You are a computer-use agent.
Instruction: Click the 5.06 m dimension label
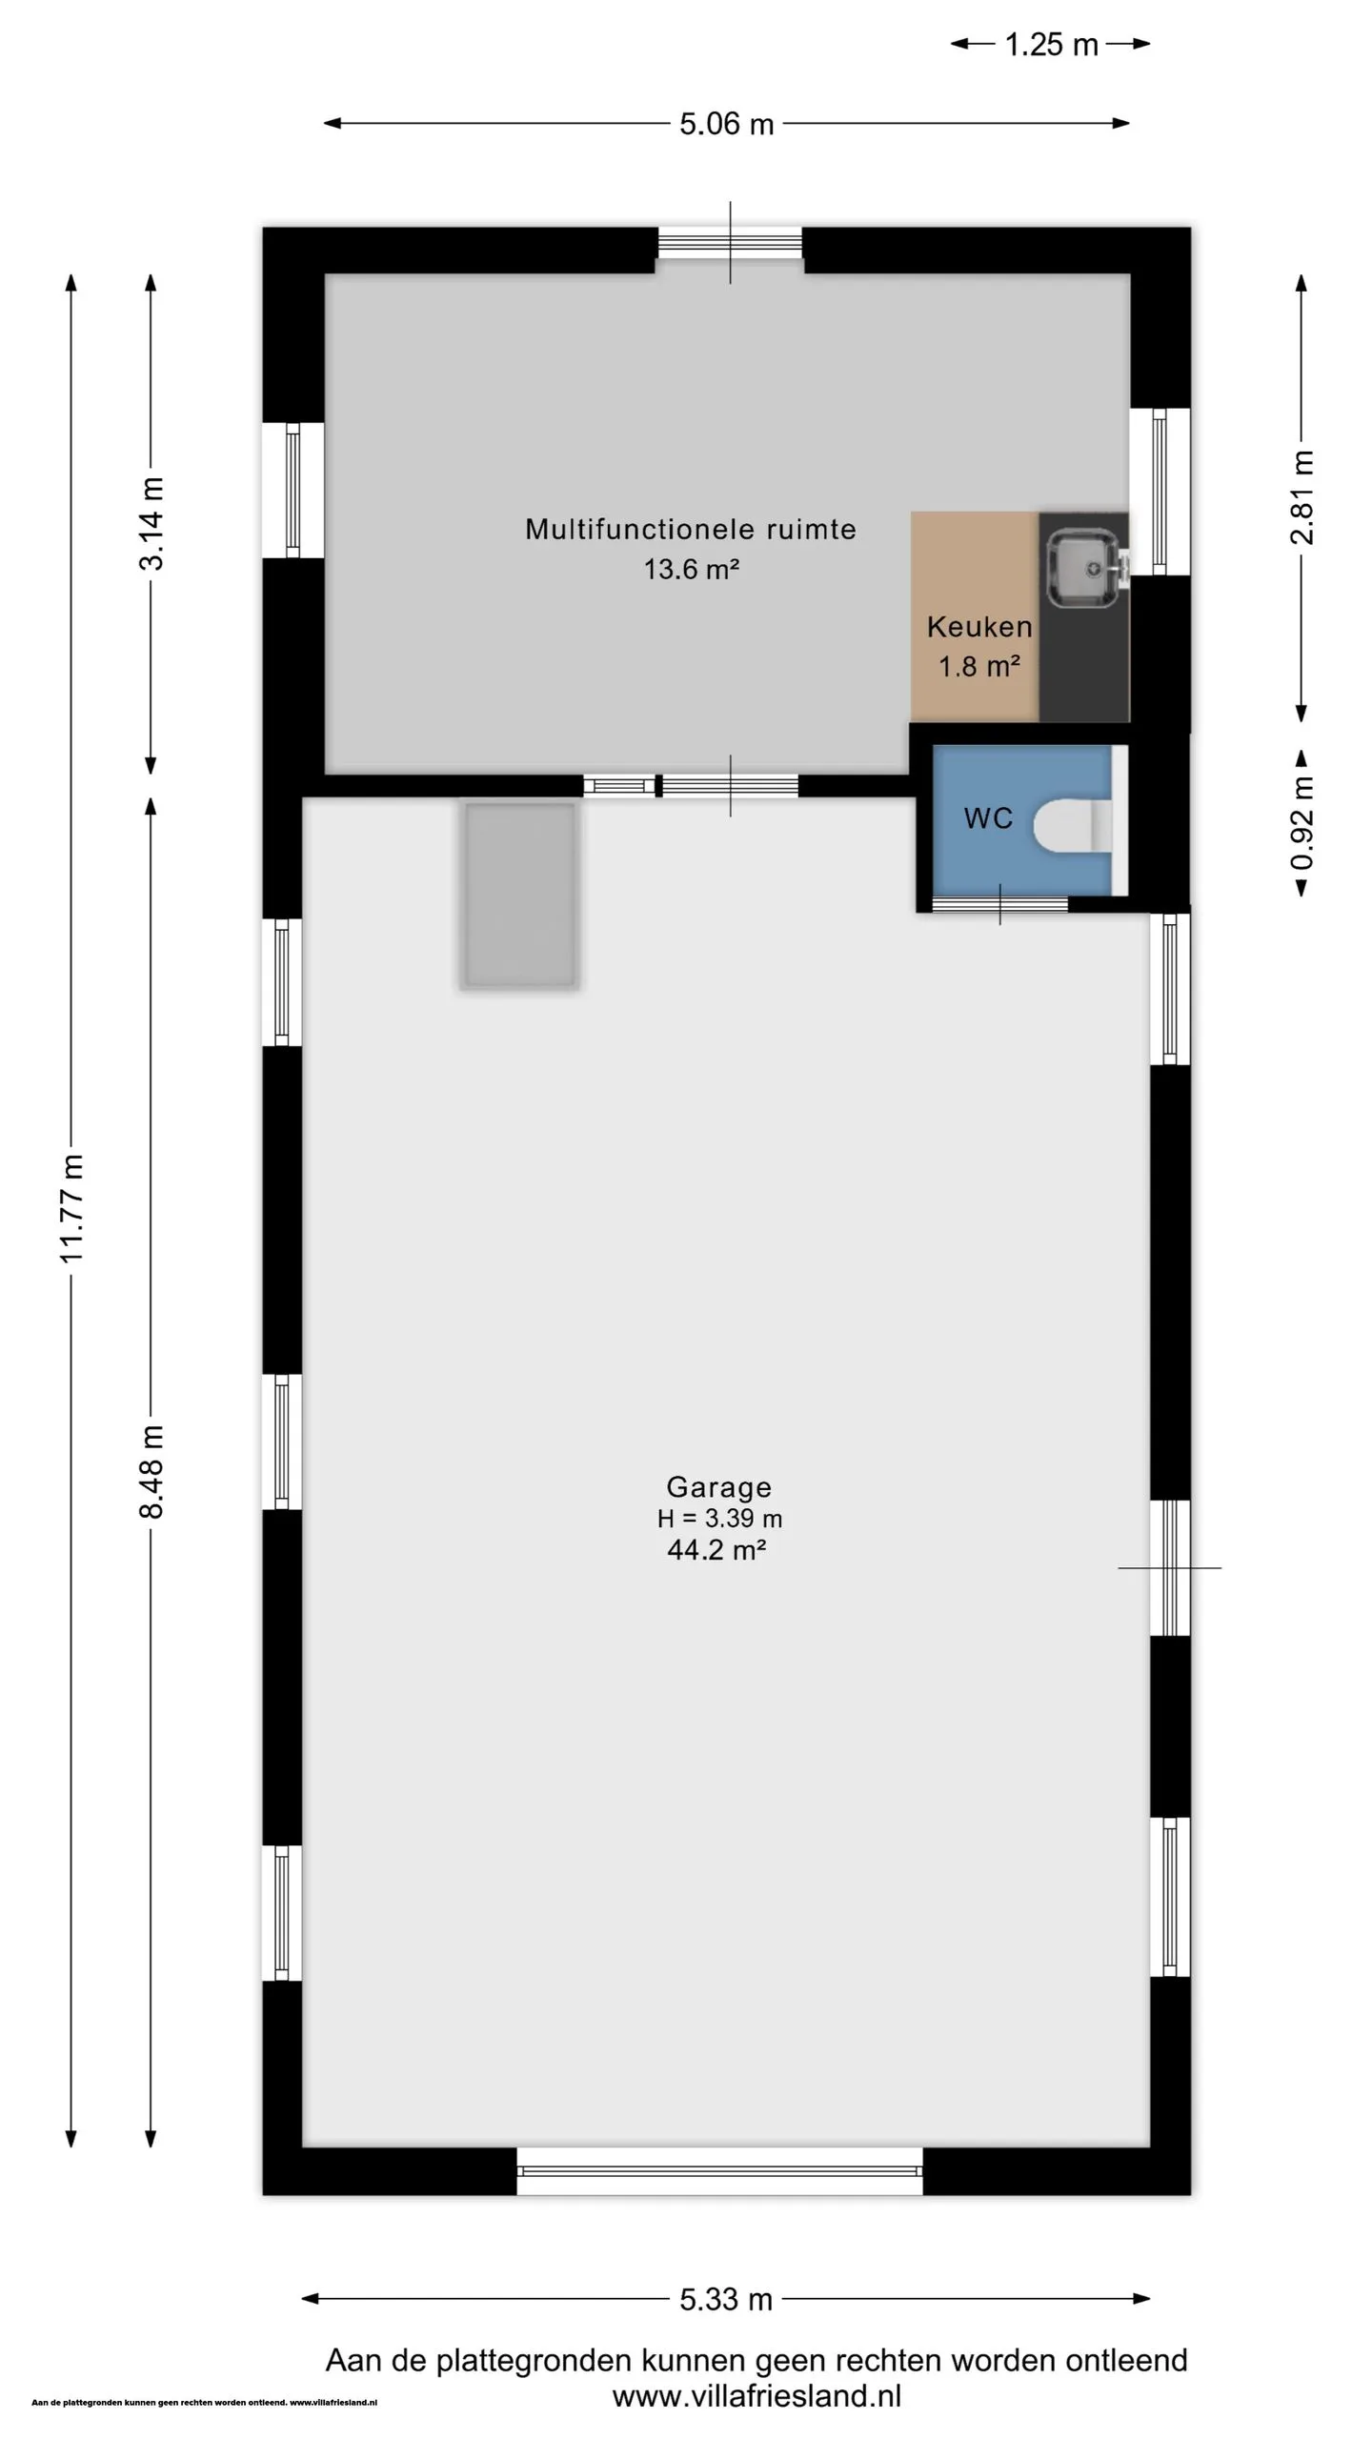coord(726,124)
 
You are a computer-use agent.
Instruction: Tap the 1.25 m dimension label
coord(1051,45)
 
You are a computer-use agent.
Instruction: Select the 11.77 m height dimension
coord(72,1208)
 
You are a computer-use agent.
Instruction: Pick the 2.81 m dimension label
coord(1302,497)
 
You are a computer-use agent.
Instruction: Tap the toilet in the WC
coord(1073,825)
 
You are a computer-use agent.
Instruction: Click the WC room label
coord(988,818)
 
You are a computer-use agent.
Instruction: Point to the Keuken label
coord(979,627)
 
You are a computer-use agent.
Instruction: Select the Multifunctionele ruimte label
coord(691,529)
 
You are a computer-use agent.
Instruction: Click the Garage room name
coord(718,1486)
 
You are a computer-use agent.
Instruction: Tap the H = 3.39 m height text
coord(719,1518)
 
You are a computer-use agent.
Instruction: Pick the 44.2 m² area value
coord(717,1550)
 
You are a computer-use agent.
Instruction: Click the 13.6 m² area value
coord(692,570)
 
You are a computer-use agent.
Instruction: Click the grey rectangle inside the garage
coord(520,896)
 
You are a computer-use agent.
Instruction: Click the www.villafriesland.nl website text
coord(757,2396)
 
